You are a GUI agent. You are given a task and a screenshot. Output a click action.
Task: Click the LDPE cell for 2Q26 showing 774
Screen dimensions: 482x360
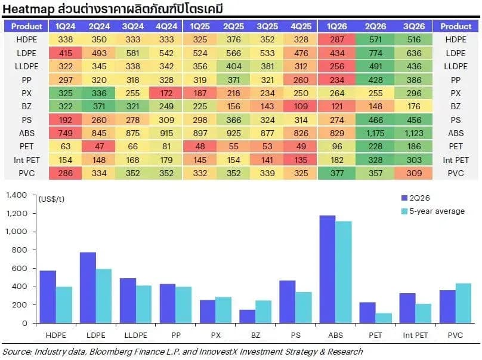pyautogui.click(x=375, y=53)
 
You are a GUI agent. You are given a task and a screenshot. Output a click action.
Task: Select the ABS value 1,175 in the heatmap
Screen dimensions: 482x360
pyautogui.click(x=375, y=133)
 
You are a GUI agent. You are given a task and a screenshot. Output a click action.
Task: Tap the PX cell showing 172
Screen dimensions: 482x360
pyautogui.click(x=166, y=93)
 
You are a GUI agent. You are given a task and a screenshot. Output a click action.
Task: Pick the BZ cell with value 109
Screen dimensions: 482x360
pyautogui.click(x=301, y=106)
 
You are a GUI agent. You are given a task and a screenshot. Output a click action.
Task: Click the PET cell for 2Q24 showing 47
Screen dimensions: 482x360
pyautogui.click(x=99, y=146)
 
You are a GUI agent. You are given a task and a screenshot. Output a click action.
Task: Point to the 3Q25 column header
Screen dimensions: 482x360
pyautogui.click(x=267, y=26)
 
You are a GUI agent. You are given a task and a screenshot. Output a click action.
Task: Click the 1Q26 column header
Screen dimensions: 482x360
pyautogui.click(x=336, y=26)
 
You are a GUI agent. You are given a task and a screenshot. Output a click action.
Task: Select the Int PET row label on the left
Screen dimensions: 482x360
pyautogui.click(x=26, y=160)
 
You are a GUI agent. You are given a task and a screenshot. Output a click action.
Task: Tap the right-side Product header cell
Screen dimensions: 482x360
pyautogui.click(x=456, y=26)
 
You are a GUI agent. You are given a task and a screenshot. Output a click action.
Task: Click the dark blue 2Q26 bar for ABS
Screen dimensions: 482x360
pyautogui.click(x=327, y=269)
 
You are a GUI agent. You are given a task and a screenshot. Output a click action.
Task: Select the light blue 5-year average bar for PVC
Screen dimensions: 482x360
pyautogui.click(x=464, y=303)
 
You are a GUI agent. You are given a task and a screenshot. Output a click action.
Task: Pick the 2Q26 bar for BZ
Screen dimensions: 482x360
pyautogui.click(x=247, y=316)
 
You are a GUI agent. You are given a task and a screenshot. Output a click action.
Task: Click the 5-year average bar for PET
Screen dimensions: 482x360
pyautogui.click(x=384, y=318)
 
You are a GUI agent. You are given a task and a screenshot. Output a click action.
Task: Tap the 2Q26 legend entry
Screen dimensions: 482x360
pyautogui.click(x=416, y=198)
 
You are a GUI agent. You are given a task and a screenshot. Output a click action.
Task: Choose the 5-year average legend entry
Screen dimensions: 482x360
pyautogui.click(x=433, y=211)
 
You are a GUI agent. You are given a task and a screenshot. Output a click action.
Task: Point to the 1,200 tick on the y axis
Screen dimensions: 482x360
pyautogui.click(x=17, y=213)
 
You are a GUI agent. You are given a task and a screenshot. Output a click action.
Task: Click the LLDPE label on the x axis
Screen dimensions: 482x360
pyautogui.click(x=135, y=335)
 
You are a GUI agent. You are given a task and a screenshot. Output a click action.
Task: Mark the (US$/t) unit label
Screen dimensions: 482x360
pyautogui.click(x=52, y=199)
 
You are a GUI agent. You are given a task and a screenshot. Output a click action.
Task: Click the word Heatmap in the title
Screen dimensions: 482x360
pyautogui.click(x=28, y=9)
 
